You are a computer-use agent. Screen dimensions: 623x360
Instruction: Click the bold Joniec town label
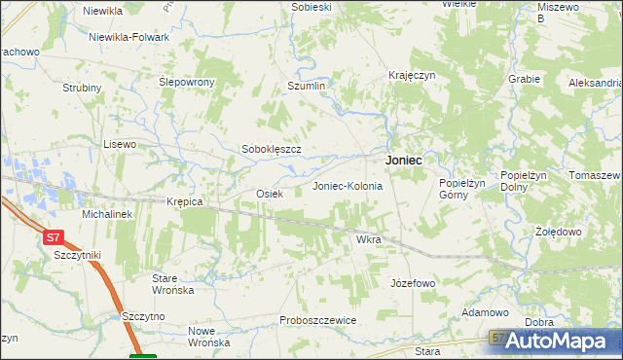pos(403,160)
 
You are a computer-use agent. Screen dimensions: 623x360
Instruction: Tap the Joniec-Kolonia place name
pos(347,185)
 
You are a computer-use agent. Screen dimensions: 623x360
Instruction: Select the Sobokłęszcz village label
pos(271,150)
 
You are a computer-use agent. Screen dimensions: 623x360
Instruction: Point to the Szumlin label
pos(305,86)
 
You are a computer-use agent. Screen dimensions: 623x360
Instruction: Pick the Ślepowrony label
pos(187,82)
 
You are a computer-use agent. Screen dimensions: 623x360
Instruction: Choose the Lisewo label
pos(120,144)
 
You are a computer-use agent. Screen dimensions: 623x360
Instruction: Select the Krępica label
pos(184,201)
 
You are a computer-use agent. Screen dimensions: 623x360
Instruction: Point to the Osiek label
pos(269,194)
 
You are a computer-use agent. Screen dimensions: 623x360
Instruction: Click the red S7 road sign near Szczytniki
pos(54,236)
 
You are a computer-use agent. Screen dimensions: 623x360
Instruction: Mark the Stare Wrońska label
pos(173,284)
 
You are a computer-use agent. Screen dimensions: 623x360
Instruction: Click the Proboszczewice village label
pos(317,320)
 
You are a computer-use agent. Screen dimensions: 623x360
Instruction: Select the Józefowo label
pos(412,283)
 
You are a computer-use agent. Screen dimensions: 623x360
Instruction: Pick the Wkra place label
pos(368,238)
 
